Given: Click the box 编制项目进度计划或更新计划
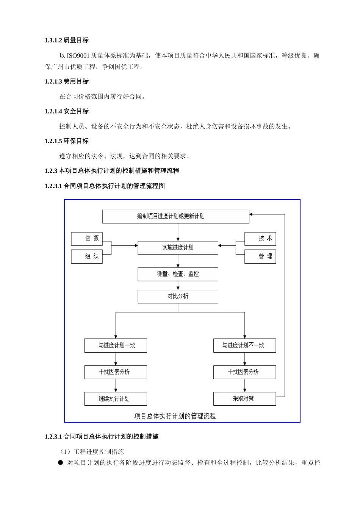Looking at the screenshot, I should pos(175,217).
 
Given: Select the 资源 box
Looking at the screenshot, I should pos(86,239).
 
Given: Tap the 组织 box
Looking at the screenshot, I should pos(86,256).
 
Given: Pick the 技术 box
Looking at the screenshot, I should pos(260,239).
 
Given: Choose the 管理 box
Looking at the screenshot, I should pos(260,256).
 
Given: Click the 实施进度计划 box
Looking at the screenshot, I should pos(178,248).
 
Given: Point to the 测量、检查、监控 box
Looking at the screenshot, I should pos(178,274).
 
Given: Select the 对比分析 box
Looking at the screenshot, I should pos(178,297).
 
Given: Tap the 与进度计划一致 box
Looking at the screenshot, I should pos(116,345).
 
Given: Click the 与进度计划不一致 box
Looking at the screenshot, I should pos(244,345).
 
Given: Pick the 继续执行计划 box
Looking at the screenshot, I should pos(116,399).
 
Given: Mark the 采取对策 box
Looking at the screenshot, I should pos(244,399).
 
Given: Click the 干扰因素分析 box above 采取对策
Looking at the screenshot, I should pos(244,372).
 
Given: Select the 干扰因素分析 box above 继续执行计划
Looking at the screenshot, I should pos(116,372).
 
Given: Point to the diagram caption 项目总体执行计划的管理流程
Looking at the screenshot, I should pos(175,416).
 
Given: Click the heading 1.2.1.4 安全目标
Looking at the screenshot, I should pos(67,111).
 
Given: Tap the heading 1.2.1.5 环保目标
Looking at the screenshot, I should pos(67,141).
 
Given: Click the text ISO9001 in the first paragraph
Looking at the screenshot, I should pos(78,56).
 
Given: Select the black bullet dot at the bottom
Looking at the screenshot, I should pos(60,462).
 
